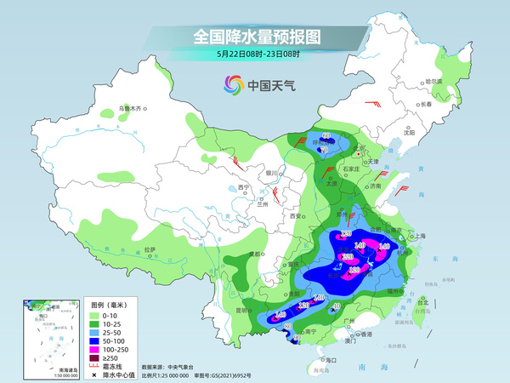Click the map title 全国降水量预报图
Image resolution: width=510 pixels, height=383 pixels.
pyautogui.click(x=255, y=37)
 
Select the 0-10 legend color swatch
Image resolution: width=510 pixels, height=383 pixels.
pyautogui.click(x=95, y=315)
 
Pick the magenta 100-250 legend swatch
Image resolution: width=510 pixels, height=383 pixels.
pyautogui.click(x=95, y=349)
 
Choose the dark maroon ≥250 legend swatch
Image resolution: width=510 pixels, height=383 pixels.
pyautogui.click(x=95, y=358)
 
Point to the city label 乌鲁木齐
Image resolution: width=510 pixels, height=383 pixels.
pyautogui.click(x=132, y=108)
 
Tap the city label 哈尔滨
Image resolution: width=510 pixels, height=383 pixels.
pyautogui.click(x=434, y=81)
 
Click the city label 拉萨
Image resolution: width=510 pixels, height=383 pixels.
pyautogui.click(x=150, y=249)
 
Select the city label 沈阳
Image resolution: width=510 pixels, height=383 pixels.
pyautogui.click(x=410, y=133)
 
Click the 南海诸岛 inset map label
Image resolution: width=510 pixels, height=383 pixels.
pyautogui.click(x=42, y=369)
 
